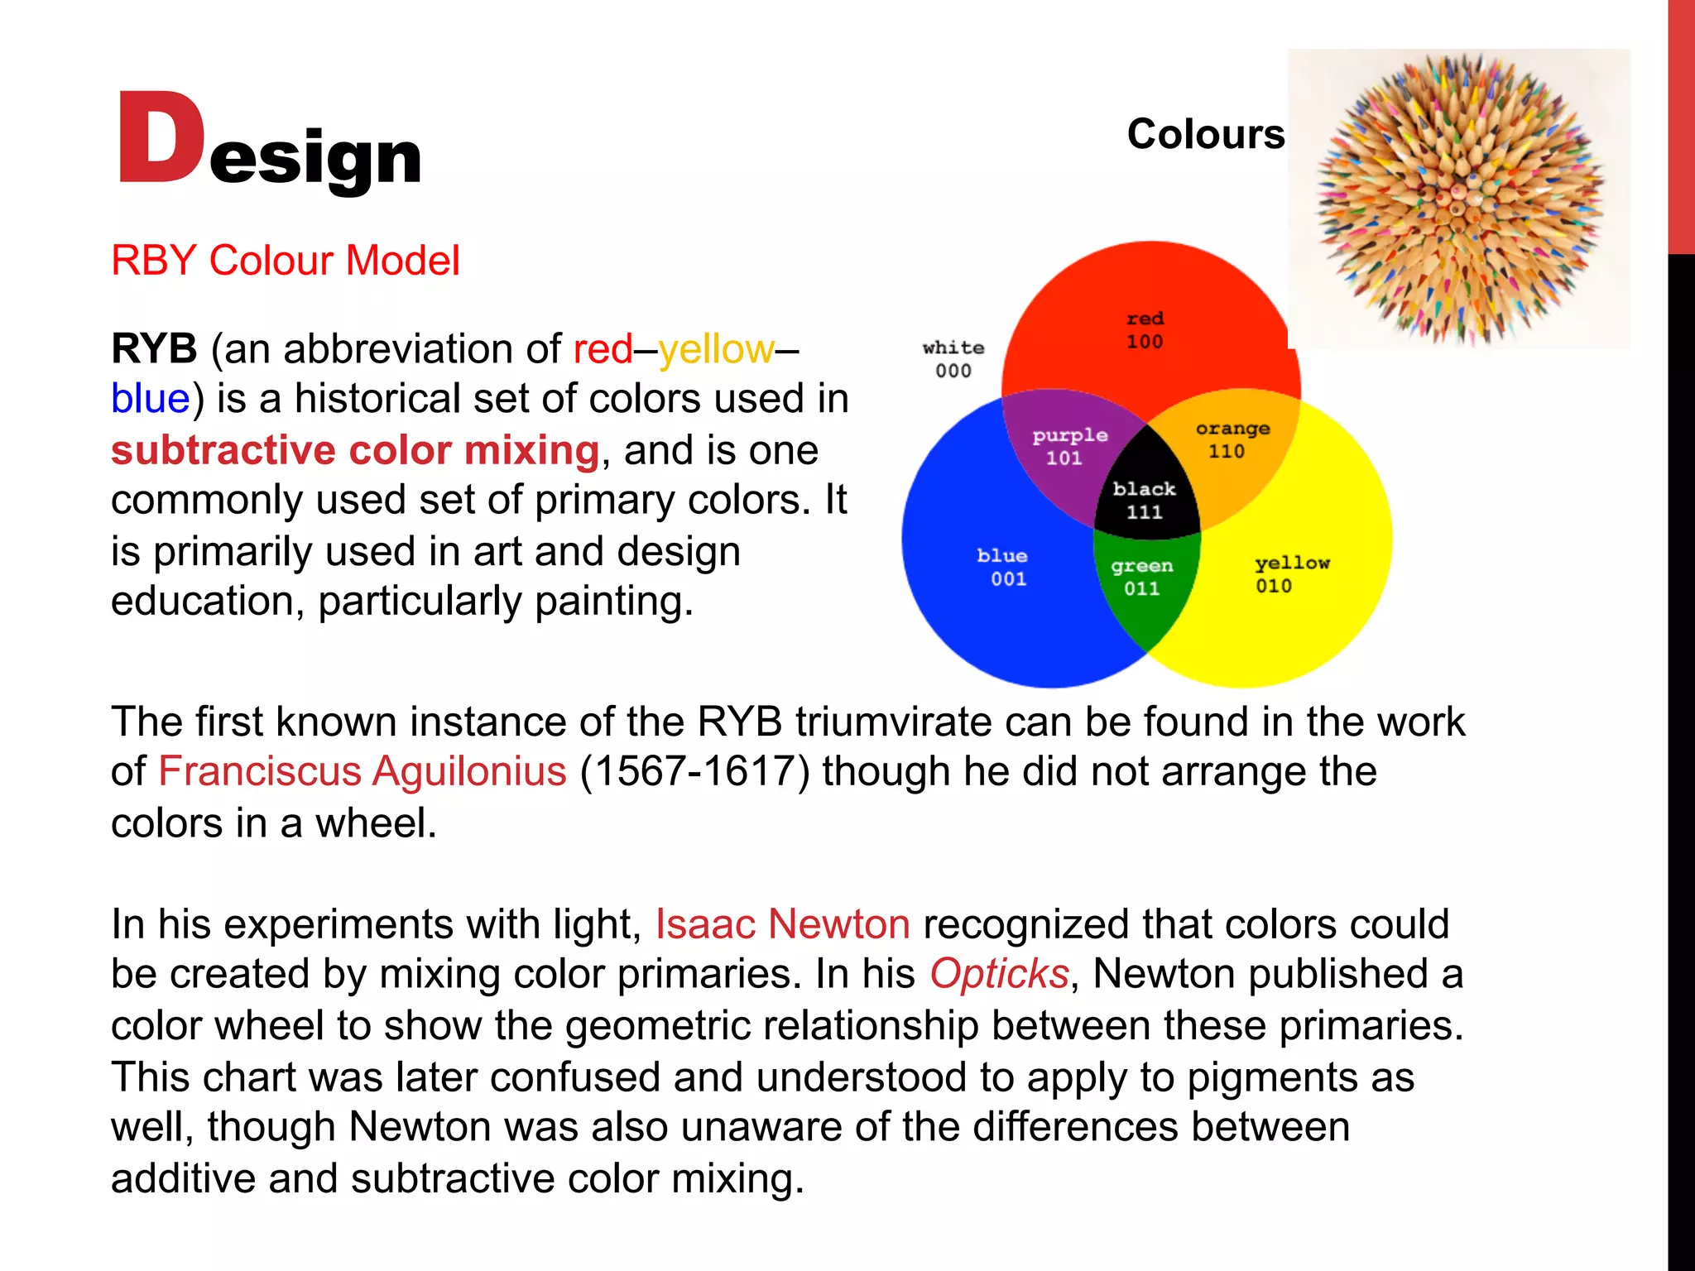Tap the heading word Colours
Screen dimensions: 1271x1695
pos(1205,134)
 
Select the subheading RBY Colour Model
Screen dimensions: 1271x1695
pos(285,261)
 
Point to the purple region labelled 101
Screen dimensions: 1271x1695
pos(1068,447)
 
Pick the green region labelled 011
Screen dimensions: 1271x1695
pos(1142,578)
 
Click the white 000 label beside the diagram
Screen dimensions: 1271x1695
pos(953,359)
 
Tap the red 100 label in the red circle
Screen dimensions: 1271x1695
pos(1145,330)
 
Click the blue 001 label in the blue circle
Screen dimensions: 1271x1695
pos(1003,568)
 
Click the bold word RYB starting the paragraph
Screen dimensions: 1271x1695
pos(154,349)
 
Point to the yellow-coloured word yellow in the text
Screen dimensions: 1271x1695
pos(717,349)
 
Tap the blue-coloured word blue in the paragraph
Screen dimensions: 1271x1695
pos(151,399)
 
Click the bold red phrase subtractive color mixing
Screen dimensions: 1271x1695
pos(355,451)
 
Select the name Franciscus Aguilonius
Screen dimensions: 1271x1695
pos(363,771)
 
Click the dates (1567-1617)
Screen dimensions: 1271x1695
pos(694,771)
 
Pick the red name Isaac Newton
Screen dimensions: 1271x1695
pos(783,924)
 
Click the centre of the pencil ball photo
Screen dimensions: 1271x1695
pos(1458,199)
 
